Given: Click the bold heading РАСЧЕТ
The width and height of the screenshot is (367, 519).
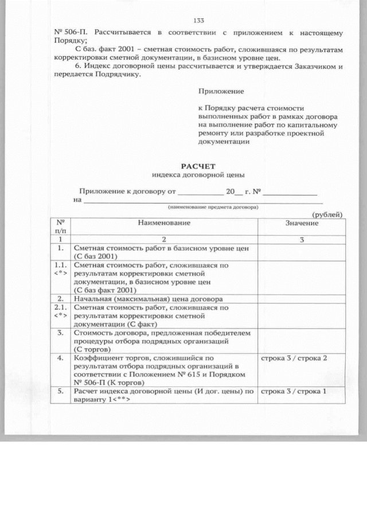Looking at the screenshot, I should [x=198, y=166].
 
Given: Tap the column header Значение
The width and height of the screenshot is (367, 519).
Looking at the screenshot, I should [x=302, y=223].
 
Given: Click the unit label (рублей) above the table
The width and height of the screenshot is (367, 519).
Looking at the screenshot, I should [x=327, y=214].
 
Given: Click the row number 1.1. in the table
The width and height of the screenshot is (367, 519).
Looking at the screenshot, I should [x=60, y=266].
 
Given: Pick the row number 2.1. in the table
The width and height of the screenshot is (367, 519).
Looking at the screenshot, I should [x=60, y=307].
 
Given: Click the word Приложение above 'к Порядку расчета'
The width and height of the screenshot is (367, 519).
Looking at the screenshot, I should [x=221, y=91].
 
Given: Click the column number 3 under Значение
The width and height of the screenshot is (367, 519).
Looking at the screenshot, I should [x=301, y=239].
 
